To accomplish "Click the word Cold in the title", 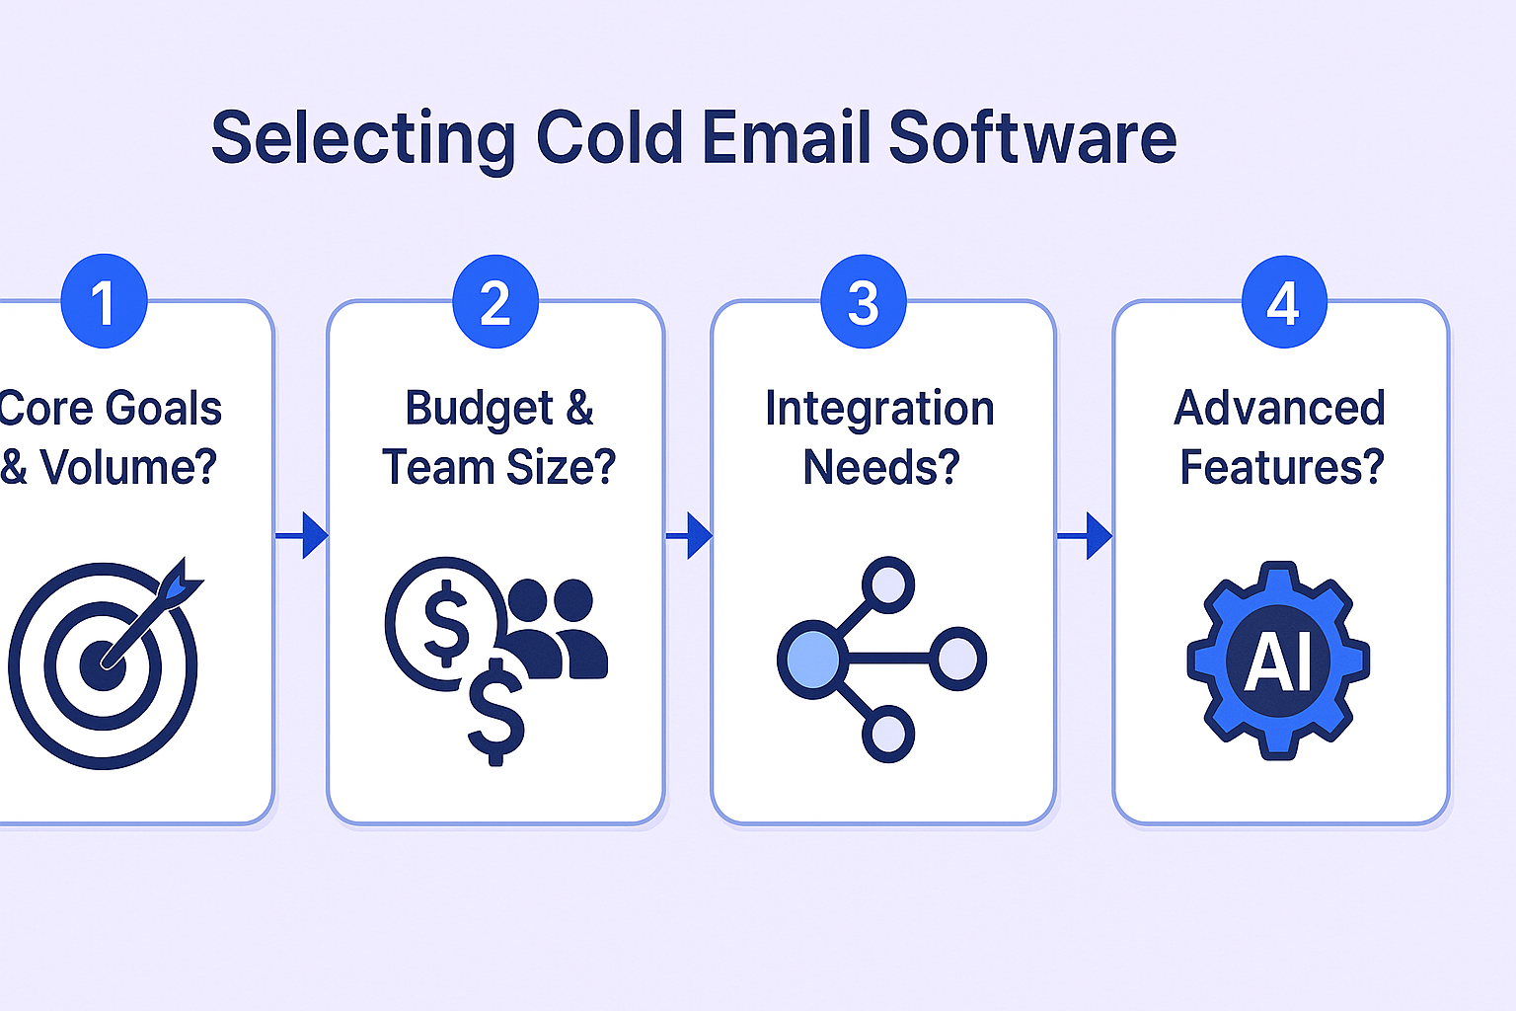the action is [609, 137].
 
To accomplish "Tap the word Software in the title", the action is [1032, 137].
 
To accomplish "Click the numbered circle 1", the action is [104, 301].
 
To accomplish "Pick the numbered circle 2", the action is [495, 301].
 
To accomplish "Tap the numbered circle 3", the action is [863, 301].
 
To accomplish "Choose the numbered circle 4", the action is [1284, 301].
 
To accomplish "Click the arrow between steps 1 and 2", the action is [302, 536].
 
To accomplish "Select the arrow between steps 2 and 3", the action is [689, 536].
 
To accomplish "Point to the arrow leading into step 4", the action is [1085, 536].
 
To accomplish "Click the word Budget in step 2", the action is [479, 409].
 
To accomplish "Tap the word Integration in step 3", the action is [879, 408].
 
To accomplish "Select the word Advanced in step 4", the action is [1279, 408].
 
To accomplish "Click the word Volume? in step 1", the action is [128, 467].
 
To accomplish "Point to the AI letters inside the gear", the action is [1278, 660].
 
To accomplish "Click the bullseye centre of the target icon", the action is [103, 665].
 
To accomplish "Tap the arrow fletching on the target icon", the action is [179, 581].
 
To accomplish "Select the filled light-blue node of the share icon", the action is [811, 659].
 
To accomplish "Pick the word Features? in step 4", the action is [1282, 467].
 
